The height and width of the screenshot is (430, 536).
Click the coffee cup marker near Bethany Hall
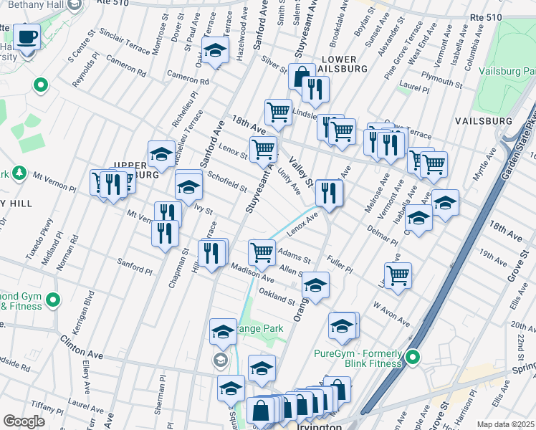coord(27,37)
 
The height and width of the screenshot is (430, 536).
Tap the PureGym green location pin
coord(413,356)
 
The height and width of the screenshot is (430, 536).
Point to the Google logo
coord(24,421)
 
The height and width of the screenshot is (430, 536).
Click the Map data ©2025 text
coord(505,424)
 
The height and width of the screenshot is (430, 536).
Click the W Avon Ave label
coord(390,313)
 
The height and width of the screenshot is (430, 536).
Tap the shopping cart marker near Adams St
coord(262,252)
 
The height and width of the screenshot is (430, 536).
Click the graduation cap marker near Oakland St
coord(315,285)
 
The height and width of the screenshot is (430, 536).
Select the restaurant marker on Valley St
coord(329,192)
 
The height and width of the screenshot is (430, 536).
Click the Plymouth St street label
coord(441,79)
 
